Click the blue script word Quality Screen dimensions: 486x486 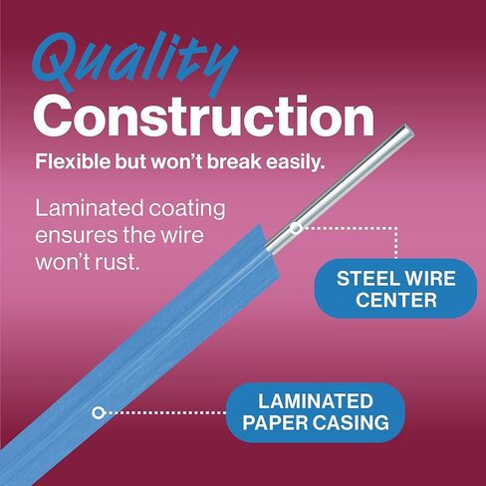pos(134,63)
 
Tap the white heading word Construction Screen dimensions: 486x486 pos(204,117)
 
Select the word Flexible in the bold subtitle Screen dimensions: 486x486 pos(73,161)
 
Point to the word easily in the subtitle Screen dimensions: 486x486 pos(296,162)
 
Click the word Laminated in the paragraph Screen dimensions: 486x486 pos(90,208)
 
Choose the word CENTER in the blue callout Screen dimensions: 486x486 pos(396,300)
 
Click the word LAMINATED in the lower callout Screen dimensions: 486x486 pos(316,401)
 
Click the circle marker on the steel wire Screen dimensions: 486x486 pos(295,228)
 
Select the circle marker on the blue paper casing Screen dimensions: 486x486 pos(98,413)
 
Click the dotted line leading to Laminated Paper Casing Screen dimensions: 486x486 pos(165,413)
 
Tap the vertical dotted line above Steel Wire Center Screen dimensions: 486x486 pos(396,243)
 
